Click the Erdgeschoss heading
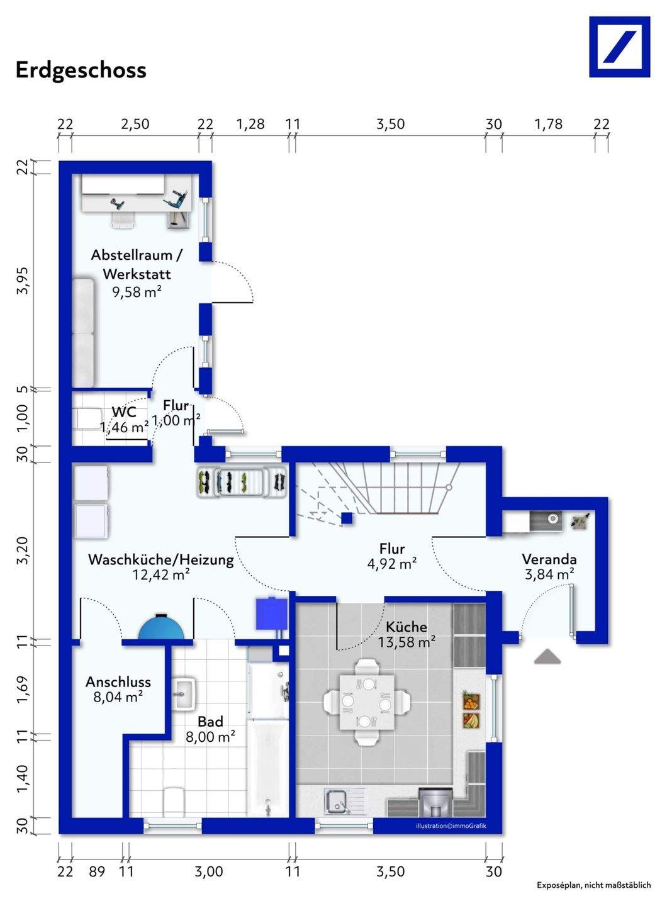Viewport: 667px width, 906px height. pyautogui.click(x=81, y=70)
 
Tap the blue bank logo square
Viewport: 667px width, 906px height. pyautogui.click(x=619, y=47)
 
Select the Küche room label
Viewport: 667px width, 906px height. pyautogui.click(x=406, y=627)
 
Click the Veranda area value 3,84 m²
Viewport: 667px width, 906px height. pyautogui.click(x=549, y=574)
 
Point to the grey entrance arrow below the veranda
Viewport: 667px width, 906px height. pyautogui.click(x=547, y=656)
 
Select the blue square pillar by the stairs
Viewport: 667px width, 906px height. pyautogui.click(x=347, y=518)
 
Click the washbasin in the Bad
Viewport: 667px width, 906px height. pyautogui.click(x=184, y=693)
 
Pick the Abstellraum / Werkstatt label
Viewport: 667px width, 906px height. pyautogui.click(x=137, y=264)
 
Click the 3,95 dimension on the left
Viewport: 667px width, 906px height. pyautogui.click(x=24, y=281)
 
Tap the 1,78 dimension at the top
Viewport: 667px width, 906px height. pyautogui.click(x=549, y=124)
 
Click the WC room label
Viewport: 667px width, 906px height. pyautogui.click(x=124, y=411)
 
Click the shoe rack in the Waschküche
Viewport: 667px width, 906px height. pyautogui.click(x=242, y=483)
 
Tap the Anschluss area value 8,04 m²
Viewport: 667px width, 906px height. pyautogui.click(x=118, y=696)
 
